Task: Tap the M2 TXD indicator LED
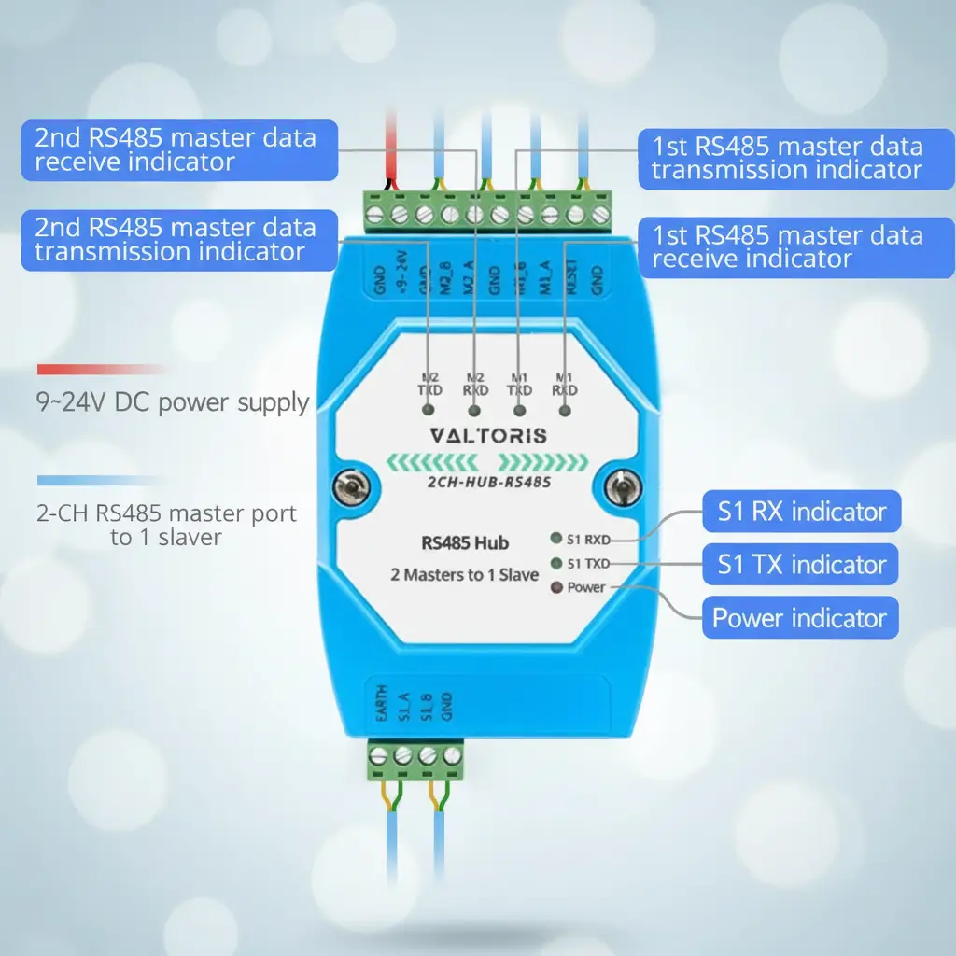pos(429,410)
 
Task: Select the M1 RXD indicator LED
pos(565,410)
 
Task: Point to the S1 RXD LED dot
pos(556,539)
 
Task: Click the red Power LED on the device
pos(556,588)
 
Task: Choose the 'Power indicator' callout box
pos(799,618)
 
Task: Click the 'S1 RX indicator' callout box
pos(801,512)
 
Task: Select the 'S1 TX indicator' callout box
pos(801,564)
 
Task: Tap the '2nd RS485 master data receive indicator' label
pos(176,150)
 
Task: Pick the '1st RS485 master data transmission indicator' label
pos(786,158)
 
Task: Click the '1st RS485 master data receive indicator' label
pos(786,246)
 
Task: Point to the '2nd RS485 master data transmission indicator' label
pos(176,239)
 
